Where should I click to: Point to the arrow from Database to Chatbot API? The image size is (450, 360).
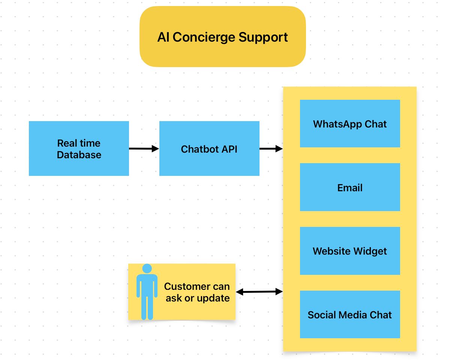click(144, 149)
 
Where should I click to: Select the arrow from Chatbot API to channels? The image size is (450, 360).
click(271, 149)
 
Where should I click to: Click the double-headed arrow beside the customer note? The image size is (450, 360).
click(259, 291)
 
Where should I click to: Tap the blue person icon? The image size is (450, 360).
click(147, 296)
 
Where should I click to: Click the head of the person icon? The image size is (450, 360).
click(147, 268)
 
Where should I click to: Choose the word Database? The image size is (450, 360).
click(79, 155)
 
